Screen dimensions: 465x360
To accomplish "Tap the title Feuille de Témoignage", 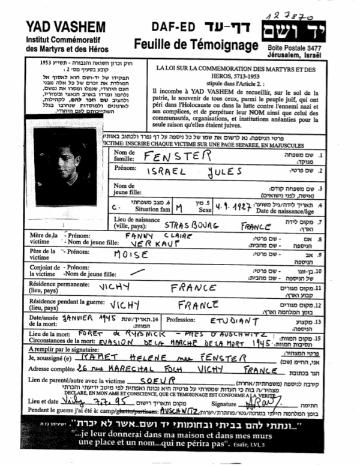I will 185,45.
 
